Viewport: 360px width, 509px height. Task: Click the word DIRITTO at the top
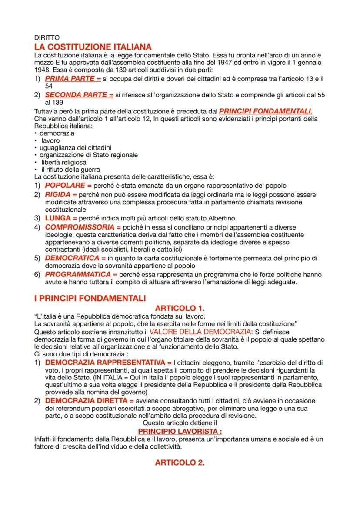click(x=47, y=38)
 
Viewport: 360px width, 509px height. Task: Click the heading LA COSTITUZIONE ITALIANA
click(x=93, y=47)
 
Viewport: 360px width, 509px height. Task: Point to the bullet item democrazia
click(x=57, y=133)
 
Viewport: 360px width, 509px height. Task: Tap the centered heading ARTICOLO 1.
click(x=180, y=308)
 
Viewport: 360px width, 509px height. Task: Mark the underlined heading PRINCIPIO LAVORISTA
click(x=180, y=431)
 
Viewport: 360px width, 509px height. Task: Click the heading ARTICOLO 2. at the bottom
click(x=180, y=462)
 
